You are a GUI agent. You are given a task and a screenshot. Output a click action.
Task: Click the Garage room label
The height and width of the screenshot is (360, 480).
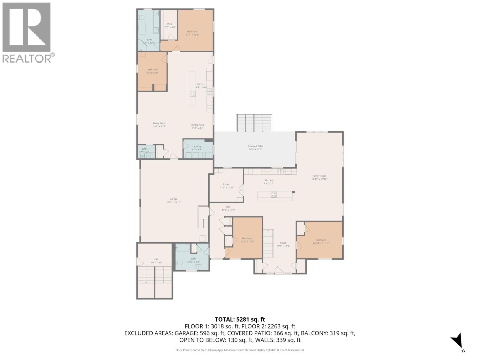pyautogui.click(x=174, y=200)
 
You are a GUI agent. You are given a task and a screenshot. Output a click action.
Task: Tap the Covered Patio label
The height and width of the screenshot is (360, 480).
pyautogui.click(x=255, y=148)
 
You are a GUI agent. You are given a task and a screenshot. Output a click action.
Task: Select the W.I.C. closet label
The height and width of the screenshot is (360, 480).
pyautogui.click(x=170, y=25)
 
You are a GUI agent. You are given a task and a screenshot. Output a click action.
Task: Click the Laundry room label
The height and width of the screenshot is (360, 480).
pyautogui.click(x=197, y=148)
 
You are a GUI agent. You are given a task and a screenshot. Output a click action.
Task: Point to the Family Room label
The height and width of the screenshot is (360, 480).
pyautogui.click(x=319, y=177)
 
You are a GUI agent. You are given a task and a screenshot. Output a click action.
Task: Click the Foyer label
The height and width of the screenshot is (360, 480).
pyautogui.click(x=283, y=244)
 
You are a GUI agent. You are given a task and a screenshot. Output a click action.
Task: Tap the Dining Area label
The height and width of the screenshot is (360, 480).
pyautogui.click(x=198, y=126)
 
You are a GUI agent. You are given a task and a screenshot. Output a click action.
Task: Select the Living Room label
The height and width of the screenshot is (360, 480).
pyautogui.click(x=159, y=124)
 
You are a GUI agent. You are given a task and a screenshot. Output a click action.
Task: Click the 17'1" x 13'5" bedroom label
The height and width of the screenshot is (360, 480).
pyautogui.click(x=192, y=33)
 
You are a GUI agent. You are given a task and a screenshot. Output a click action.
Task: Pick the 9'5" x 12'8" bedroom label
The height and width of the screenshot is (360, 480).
pyautogui.click(x=152, y=71)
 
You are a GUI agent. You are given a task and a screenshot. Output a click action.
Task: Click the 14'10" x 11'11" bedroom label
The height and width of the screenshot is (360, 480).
pyautogui.click(x=320, y=241)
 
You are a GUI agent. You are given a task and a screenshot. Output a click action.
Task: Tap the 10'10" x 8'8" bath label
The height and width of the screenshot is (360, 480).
pyautogui.click(x=193, y=260)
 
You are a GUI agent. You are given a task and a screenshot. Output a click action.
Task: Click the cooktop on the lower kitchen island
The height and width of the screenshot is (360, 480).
pyautogui.click(x=274, y=195)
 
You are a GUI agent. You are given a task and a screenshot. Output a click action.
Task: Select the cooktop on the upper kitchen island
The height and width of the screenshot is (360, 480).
pyautogui.click(x=193, y=94)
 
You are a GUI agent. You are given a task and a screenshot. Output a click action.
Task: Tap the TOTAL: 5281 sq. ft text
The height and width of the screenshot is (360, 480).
pyautogui.click(x=240, y=319)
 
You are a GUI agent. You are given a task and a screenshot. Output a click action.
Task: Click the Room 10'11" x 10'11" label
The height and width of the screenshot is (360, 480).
pyautogui.click(x=226, y=186)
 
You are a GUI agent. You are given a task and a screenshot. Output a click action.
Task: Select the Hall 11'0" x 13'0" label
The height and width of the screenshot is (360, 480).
pyautogui.click(x=156, y=261)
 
